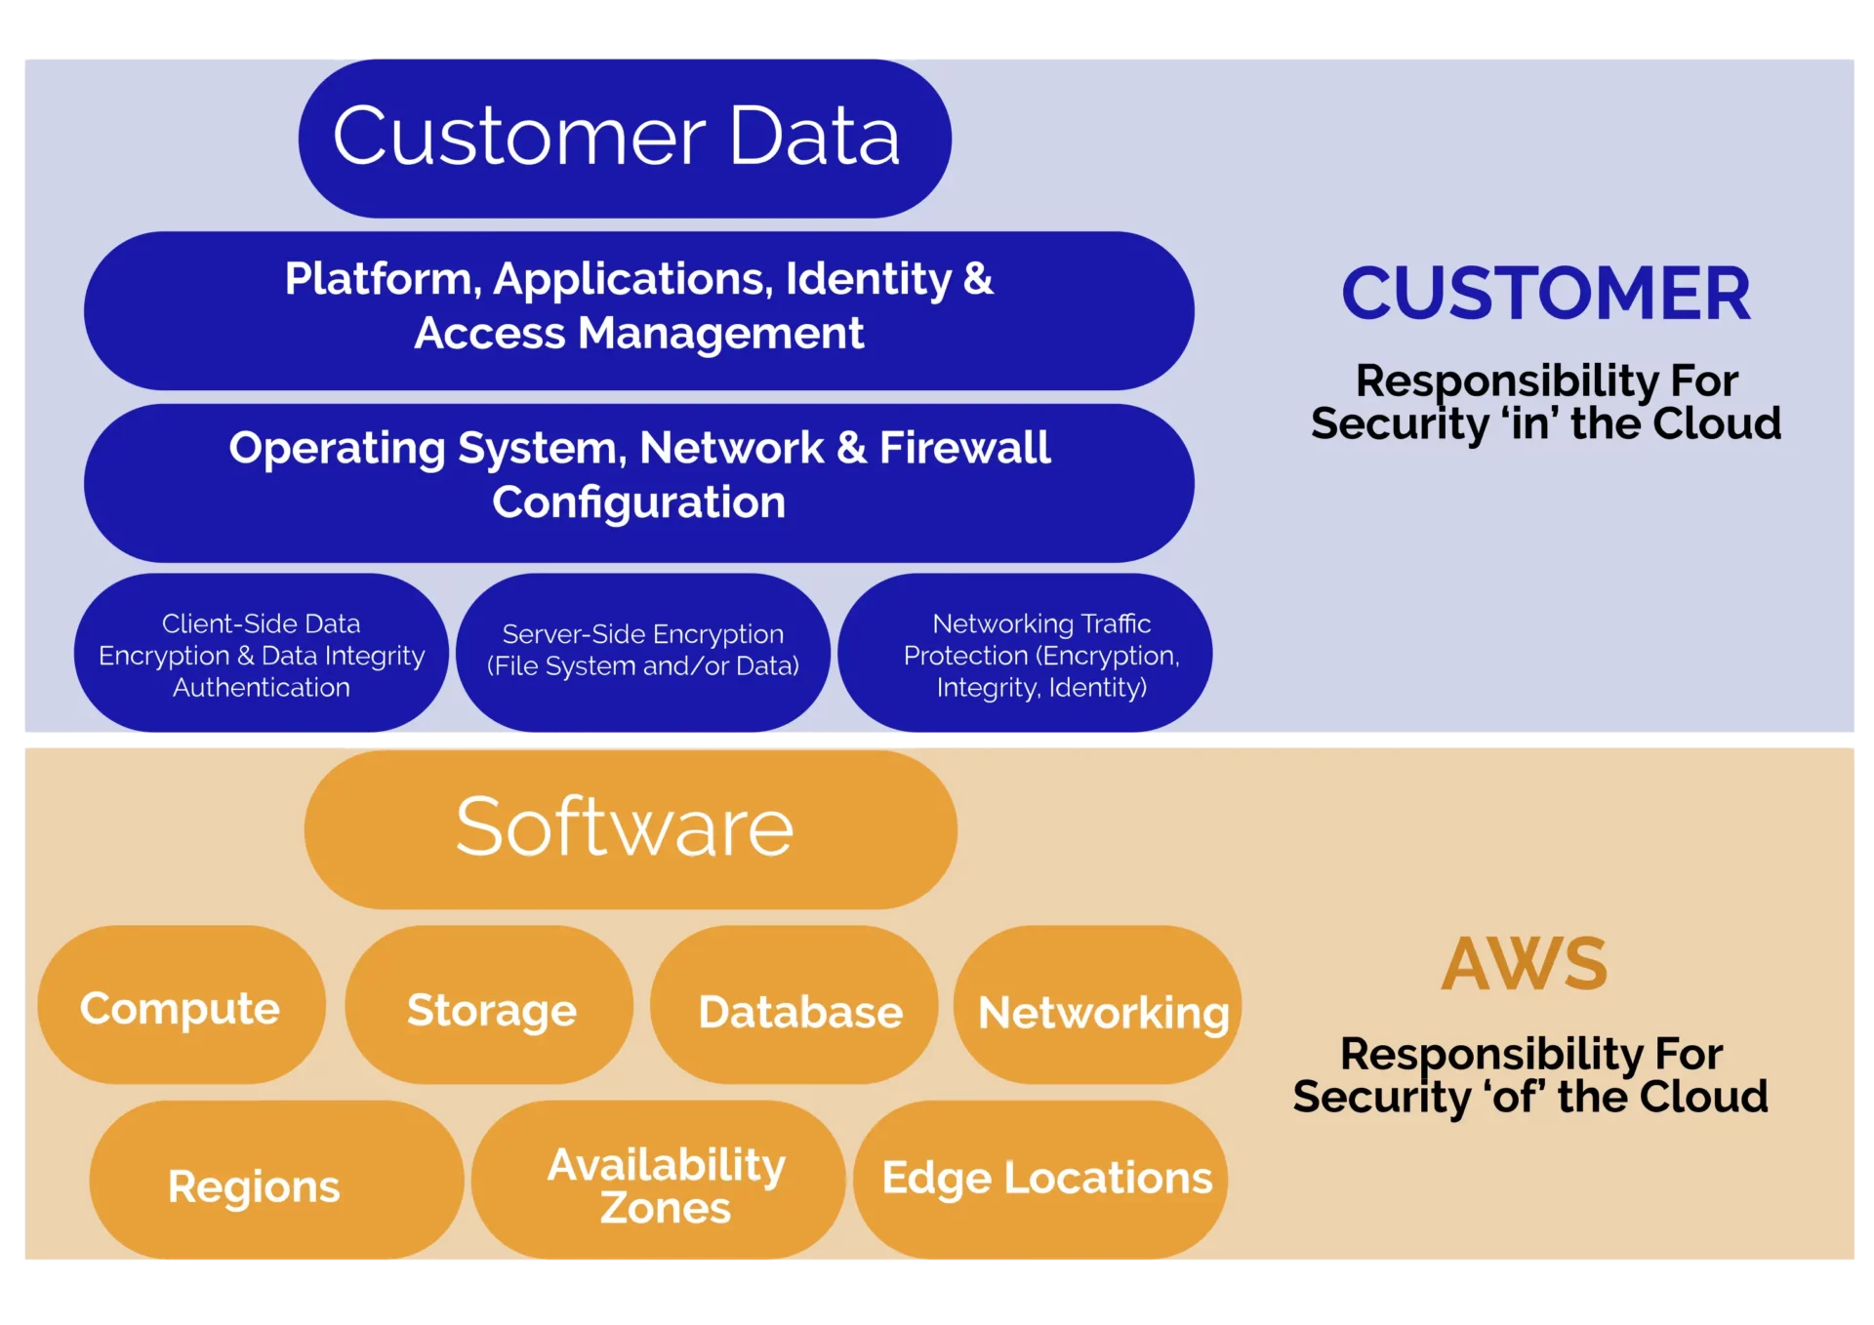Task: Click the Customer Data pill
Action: pyautogui.click(x=625, y=138)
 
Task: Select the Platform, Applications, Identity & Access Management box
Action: pyautogui.click(x=639, y=310)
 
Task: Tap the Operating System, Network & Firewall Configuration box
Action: pyautogui.click(x=639, y=482)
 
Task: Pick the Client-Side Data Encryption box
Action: pyautogui.click(x=261, y=655)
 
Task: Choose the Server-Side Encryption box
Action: pyautogui.click(x=642, y=652)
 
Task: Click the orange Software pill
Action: pyautogui.click(x=630, y=828)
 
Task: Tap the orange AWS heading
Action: pyautogui.click(x=1524, y=964)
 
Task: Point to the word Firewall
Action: pyautogui.click(x=964, y=448)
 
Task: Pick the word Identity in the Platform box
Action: pyautogui.click(x=868, y=279)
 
